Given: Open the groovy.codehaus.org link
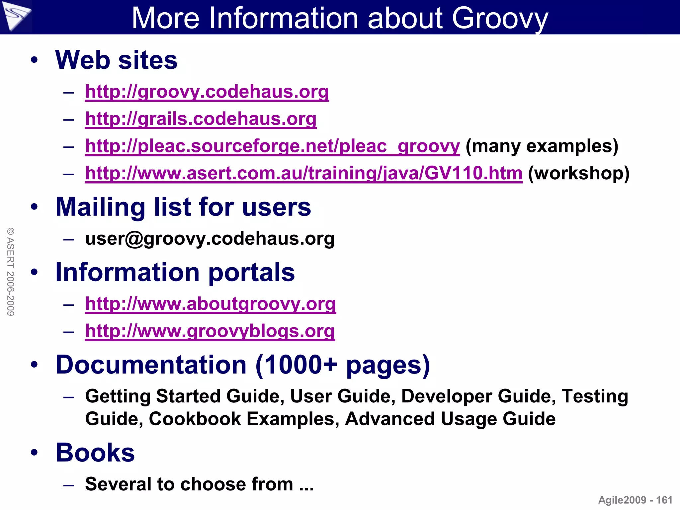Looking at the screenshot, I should click(207, 92).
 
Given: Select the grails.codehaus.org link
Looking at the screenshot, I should click(201, 119).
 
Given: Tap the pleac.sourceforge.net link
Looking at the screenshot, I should click(272, 146).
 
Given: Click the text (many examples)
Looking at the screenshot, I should click(542, 146).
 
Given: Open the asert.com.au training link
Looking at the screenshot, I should click(303, 173).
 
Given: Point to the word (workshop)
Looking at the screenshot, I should click(578, 173).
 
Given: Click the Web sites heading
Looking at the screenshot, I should click(116, 60).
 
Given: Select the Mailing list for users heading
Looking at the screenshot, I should click(183, 207).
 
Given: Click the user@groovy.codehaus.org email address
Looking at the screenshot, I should click(210, 239).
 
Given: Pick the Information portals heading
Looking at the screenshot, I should click(175, 272).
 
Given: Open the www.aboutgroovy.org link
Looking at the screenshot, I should click(211, 304).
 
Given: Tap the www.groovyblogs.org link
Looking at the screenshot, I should click(210, 331).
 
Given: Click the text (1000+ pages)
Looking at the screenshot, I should click(343, 365).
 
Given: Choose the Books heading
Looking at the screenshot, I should click(95, 453).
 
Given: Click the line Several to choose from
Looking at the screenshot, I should click(199, 484).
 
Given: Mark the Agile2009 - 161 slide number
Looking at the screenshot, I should click(635, 500).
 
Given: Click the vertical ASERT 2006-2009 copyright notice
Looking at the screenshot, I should click(11, 272).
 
